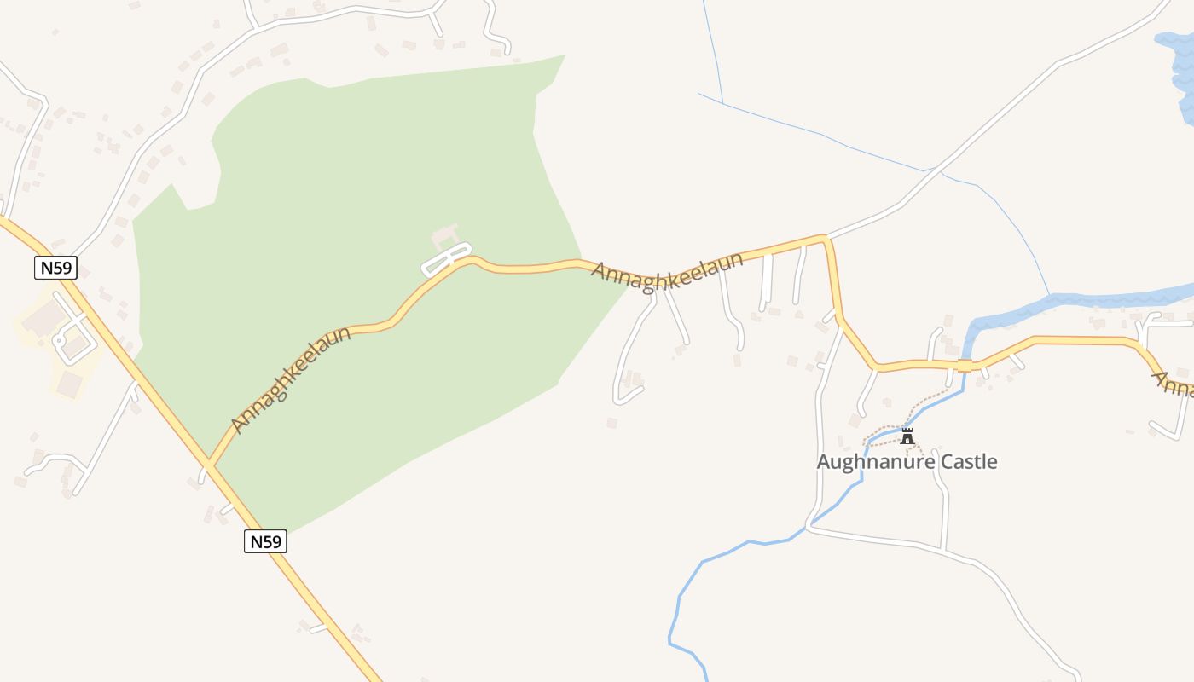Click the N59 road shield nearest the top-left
point(56,268)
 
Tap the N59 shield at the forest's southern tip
point(265,540)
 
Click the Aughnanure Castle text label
point(907,462)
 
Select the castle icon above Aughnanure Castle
point(907,436)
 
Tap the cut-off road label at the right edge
point(1174,386)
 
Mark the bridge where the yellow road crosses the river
point(965,366)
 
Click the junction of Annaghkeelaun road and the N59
point(210,465)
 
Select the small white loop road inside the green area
point(446,259)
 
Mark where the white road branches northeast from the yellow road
point(826,237)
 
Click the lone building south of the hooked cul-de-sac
point(611,423)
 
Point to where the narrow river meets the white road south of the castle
point(809,526)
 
